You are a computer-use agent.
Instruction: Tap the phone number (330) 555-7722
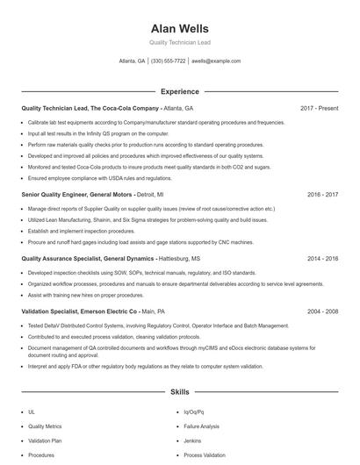pos(169,61)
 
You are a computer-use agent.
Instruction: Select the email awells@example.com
pos(217,61)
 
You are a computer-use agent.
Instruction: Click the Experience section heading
pos(180,90)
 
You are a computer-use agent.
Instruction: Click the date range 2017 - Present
pos(320,108)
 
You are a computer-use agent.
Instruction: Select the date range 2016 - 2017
pos(322,194)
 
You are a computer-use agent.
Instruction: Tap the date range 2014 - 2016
pos(322,259)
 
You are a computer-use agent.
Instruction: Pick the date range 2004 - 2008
pos(322,311)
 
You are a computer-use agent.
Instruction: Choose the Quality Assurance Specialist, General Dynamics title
pos(88,259)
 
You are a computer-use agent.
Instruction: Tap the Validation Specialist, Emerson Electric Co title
pos(79,311)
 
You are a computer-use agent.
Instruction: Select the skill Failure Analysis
pos(201,426)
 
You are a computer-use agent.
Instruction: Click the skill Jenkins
pos(192,440)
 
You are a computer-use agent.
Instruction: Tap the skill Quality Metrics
pos(45,426)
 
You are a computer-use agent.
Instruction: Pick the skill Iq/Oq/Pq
pos(193,411)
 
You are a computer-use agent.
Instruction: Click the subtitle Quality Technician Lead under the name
pos(180,42)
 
